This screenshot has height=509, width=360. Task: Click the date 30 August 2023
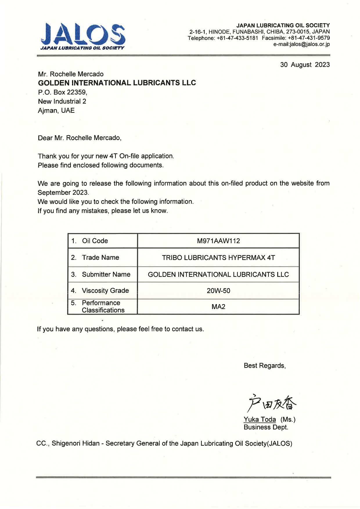point(305,65)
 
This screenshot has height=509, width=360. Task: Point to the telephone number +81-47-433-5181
point(237,38)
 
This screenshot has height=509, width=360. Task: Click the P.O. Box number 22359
point(76,92)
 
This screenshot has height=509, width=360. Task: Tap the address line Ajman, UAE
point(56,111)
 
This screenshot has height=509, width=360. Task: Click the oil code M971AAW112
point(218,241)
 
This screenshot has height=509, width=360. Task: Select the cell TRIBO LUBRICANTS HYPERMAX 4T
point(218,258)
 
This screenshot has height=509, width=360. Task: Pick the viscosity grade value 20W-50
point(218,291)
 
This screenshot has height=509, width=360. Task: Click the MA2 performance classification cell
point(218,307)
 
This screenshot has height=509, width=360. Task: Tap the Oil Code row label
point(95,241)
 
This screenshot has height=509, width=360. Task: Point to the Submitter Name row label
point(106,275)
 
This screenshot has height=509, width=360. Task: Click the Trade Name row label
point(100,258)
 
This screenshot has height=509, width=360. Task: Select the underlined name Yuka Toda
point(260,419)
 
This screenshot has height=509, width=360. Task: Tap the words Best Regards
point(264,366)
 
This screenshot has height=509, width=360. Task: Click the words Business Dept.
point(266,427)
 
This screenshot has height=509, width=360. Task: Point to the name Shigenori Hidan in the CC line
point(75,443)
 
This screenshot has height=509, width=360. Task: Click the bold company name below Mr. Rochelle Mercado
point(117,83)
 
